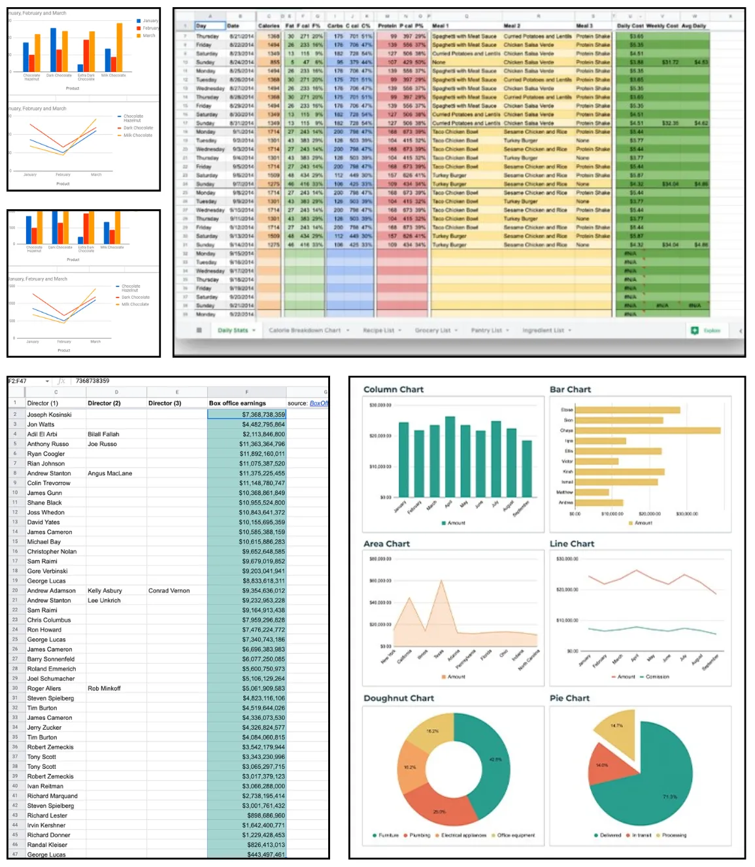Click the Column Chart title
pos(394,390)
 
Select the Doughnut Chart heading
pos(399,698)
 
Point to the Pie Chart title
pos(569,698)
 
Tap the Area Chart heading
pos(386,544)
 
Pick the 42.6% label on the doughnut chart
pos(495,759)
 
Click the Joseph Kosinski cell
pos(50,415)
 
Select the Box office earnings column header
pos(237,403)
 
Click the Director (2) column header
pos(104,403)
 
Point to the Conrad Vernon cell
pos(169,590)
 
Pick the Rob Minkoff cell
pos(104,688)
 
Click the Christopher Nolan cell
pos(52,551)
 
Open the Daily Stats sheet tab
pos(233,330)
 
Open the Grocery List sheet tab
pos(432,330)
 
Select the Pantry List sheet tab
pos(486,330)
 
